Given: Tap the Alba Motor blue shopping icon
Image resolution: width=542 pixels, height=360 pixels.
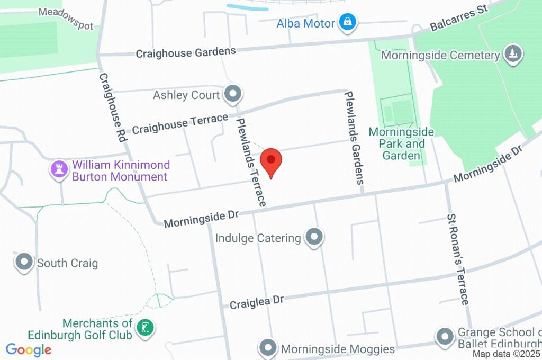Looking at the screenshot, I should point(348,23).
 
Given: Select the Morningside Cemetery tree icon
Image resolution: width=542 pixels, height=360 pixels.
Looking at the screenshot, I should point(513,54).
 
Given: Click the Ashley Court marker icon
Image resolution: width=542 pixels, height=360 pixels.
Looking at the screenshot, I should point(232,95).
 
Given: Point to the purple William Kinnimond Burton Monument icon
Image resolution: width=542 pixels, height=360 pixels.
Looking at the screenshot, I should point(59,170).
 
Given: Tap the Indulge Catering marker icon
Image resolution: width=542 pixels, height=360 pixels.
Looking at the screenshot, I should point(314,238).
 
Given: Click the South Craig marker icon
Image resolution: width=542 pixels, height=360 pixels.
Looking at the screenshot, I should point(24,263).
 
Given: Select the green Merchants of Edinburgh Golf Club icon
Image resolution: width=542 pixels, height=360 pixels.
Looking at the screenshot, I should point(144,328).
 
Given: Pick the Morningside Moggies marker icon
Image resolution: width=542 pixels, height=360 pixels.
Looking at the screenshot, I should point(268,348).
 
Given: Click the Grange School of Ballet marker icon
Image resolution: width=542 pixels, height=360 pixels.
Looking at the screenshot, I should point(444,336).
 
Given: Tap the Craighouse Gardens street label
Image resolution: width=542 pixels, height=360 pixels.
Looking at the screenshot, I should point(186,52).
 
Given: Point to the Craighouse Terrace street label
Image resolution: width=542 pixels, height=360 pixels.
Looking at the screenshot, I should point(180,123).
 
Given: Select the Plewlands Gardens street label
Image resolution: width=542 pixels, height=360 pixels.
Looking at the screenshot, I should point(355,137).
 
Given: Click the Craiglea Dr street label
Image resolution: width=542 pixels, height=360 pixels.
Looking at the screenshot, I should point(257,302).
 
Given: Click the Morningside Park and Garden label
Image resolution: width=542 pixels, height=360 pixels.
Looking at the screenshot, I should point(401,143).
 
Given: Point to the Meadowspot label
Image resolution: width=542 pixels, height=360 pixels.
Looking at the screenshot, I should point(66,19).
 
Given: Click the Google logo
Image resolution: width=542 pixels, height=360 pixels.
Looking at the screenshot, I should point(29,349).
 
